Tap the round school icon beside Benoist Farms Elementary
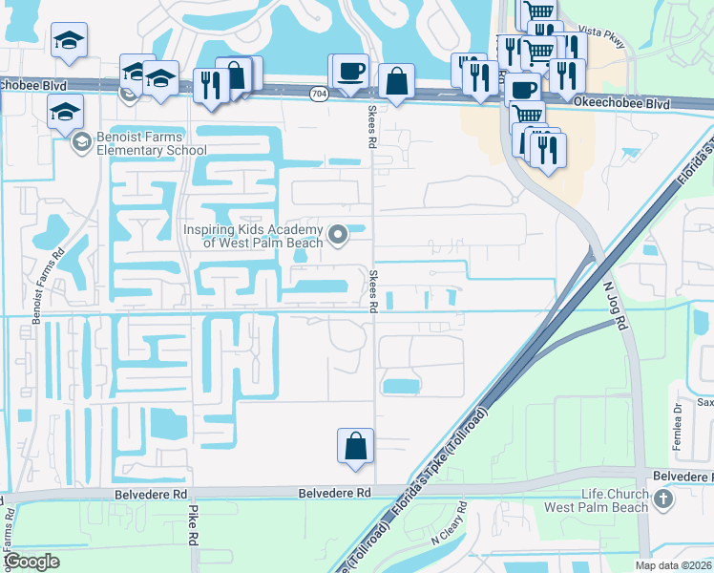(82, 142)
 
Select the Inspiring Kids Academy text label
(252, 235)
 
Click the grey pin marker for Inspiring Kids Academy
(337, 234)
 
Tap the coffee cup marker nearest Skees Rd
(351, 73)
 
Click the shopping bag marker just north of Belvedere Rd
(355, 446)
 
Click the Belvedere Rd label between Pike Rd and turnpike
(333, 493)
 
